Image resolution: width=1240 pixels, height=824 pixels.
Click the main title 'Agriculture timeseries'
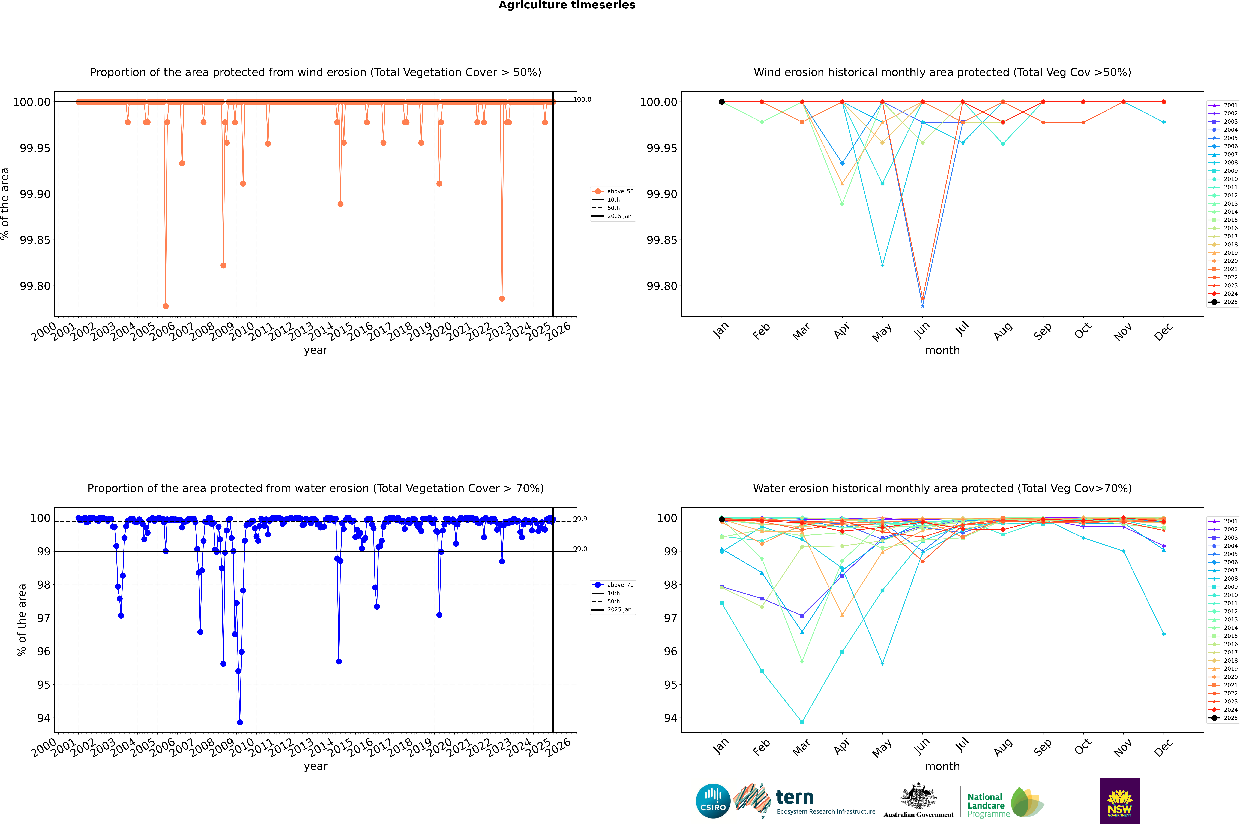[x=567, y=5]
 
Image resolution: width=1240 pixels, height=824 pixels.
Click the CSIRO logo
[x=713, y=801]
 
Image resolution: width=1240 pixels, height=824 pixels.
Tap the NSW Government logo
[x=1120, y=801]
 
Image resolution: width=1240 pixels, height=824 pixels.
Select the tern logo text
[x=795, y=798]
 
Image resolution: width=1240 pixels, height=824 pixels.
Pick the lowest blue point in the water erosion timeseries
[x=240, y=722]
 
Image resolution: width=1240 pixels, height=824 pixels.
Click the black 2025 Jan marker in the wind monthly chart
[x=722, y=102]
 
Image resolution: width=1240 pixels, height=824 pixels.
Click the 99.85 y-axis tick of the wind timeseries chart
[x=35, y=240]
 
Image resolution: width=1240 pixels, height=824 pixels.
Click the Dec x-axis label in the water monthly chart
[x=1163, y=747]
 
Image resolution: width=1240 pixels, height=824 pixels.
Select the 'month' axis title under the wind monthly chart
[x=942, y=351]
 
